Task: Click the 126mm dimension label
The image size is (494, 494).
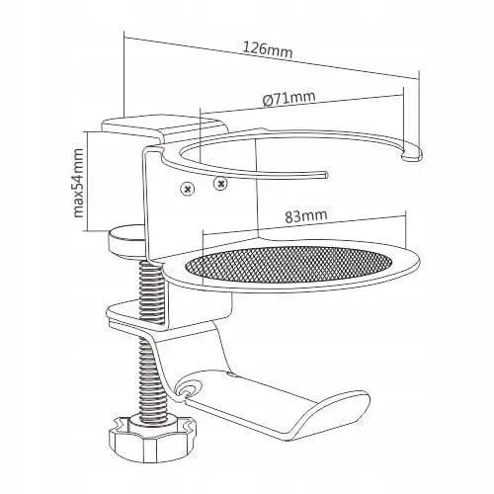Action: [x=268, y=51]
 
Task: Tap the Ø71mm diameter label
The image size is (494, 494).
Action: [x=289, y=98]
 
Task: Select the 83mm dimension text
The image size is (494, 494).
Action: [x=306, y=215]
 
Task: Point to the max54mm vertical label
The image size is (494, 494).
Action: [x=78, y=183]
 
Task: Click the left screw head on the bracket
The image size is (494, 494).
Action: [x=188, y=189]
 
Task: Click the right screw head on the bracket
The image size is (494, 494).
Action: [x=220, y=183]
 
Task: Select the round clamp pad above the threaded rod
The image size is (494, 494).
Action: [x=126, y=242]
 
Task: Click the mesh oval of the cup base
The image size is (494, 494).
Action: [x=289, y=266]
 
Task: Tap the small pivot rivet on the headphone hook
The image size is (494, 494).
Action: [x=189, y=388]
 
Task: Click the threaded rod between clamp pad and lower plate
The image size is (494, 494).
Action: [x=152, y=289]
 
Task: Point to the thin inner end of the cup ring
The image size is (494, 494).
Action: [x=324, y=175]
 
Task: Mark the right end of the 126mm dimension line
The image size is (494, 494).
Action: [x=419, y=79]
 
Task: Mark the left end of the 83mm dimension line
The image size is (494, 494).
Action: [x=204, y=234]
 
